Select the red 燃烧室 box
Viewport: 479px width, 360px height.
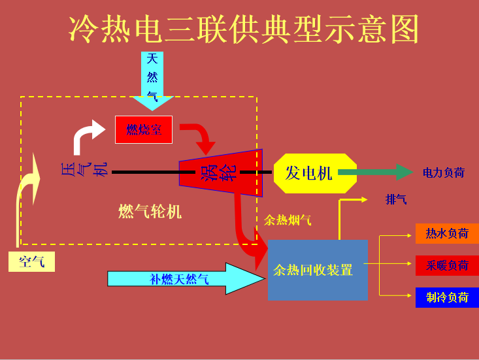[x=144, y=129]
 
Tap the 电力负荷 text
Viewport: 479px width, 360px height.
[x=443, y=173]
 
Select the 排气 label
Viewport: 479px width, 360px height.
[x=396, y=199]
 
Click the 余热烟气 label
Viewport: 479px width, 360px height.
[x=288, y=220]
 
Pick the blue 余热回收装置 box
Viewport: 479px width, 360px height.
[x=318, y=270]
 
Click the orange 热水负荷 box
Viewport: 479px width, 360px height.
[x=447, y=233]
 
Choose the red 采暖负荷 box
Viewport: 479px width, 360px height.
[x=447, y=265]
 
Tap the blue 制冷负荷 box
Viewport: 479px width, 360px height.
[x=447, y=297]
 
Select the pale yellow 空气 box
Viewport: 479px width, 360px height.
[x=31, y=262]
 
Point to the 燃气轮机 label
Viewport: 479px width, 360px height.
[x=150, y=212]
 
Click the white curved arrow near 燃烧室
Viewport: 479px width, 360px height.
[x=87, y=135]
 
